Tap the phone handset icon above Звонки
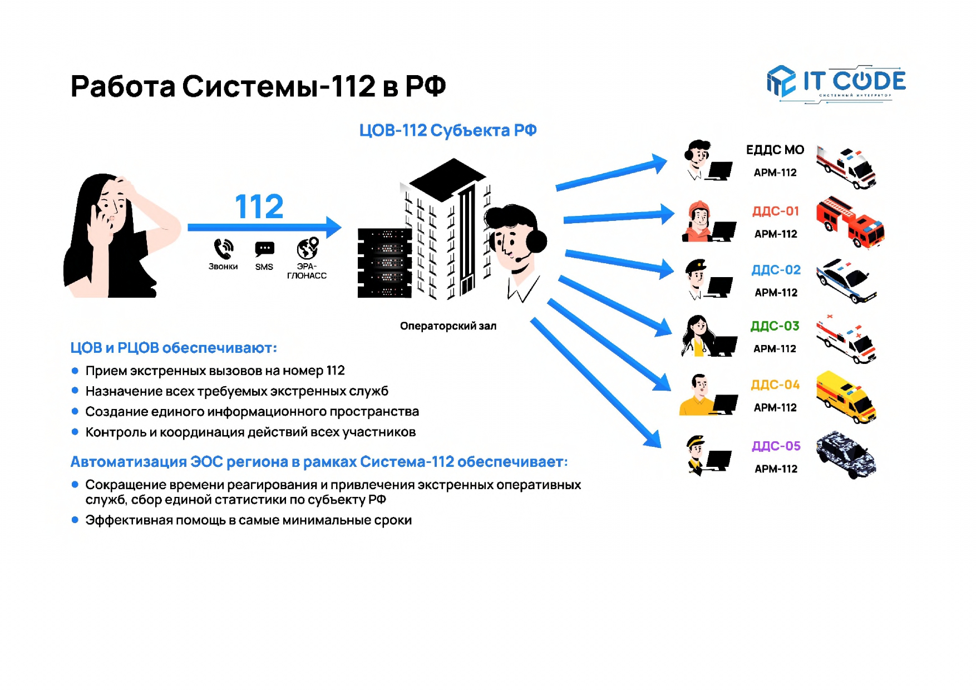pyautogui.click(x=223, y=249)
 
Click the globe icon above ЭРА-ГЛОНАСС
pyautogui.click(x=307, y=248)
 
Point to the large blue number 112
pyautogui.click(x=259, y=206)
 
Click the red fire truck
pyautogui.click(x=850, y=221)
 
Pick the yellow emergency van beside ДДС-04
pyautogui.click(x=846, y=397)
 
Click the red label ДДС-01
pyautogui.click(x=775, y=211)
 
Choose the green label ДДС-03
pyautogui.click(x=775, y=326)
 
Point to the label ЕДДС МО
pyautogui.click(x=775, y=150)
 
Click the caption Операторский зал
pyautogui.click(x=448, y=326)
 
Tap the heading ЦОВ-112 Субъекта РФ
pyautogui.click(x=447, y=130)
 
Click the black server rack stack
pyautogui.click(x=385, y=263)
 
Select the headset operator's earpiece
pyautogui.click(x=536, y=241)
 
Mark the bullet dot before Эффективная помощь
pyautogui.click(x=75, y=520)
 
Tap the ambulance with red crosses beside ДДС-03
pyautogui.click(x=846, y=339)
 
